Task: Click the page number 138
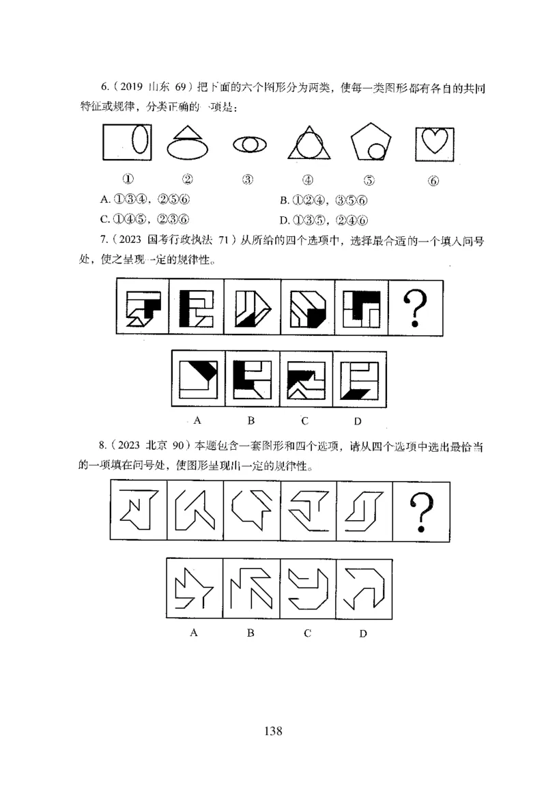click(273, 732)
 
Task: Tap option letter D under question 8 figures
click(363, 633)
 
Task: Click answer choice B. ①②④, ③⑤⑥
click(325, 200)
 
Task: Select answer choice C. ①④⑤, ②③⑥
click(144, 219)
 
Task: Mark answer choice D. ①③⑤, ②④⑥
click(325, 219)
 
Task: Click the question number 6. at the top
click(104, 88)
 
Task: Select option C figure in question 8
click(308, 588)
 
